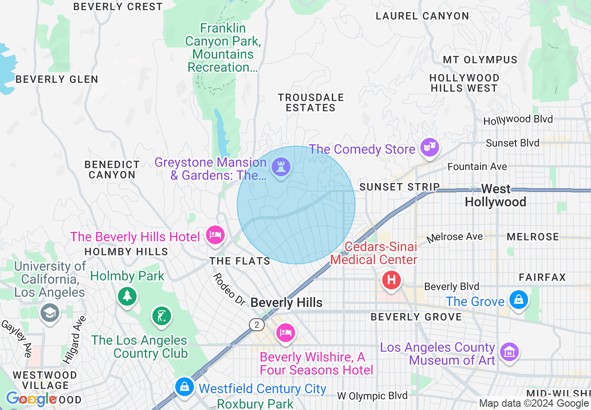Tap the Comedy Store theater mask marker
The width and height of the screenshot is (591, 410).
429,148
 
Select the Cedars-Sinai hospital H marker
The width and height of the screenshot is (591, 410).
392,280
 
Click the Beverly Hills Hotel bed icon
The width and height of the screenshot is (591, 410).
215,234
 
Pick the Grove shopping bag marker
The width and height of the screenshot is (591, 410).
518,299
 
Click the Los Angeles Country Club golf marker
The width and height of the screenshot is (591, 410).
162,316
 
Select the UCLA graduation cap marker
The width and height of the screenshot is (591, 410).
49,312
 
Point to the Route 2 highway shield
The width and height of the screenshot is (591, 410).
257,325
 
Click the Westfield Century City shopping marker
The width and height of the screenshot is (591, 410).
185,386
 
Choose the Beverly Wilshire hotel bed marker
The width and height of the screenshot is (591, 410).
285,333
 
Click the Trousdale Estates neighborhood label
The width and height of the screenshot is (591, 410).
311,102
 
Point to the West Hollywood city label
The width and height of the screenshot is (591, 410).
495,196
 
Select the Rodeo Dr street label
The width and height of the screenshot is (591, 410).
229,289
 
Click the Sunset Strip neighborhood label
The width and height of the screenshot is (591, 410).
399,187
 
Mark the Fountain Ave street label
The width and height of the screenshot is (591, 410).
477,166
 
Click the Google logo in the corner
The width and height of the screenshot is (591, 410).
31,399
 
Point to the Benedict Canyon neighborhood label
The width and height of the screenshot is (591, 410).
112,170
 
